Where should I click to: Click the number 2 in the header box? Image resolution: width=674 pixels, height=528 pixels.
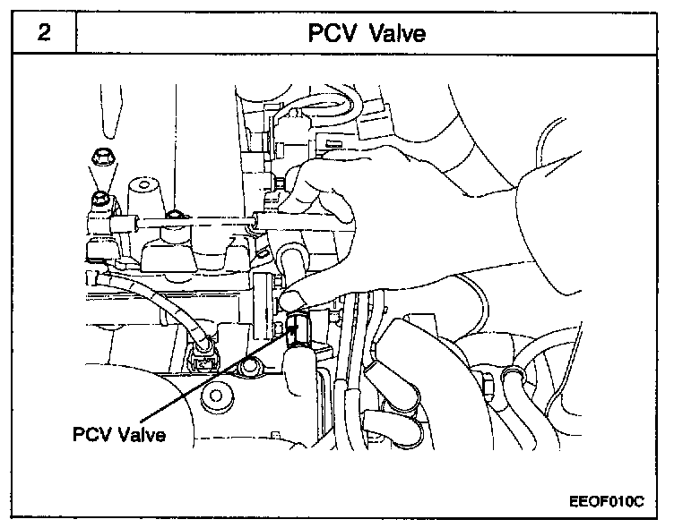[x=43, y=33]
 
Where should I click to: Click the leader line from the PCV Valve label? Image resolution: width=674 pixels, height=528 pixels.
[x=225, y=377]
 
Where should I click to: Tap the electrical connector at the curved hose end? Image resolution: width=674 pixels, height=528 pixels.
[x=204, y=359]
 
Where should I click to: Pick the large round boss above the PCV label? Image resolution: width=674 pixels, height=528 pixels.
[x=215, y=395]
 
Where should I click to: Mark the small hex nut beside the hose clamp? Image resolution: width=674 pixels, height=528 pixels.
[x=488, y=383]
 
